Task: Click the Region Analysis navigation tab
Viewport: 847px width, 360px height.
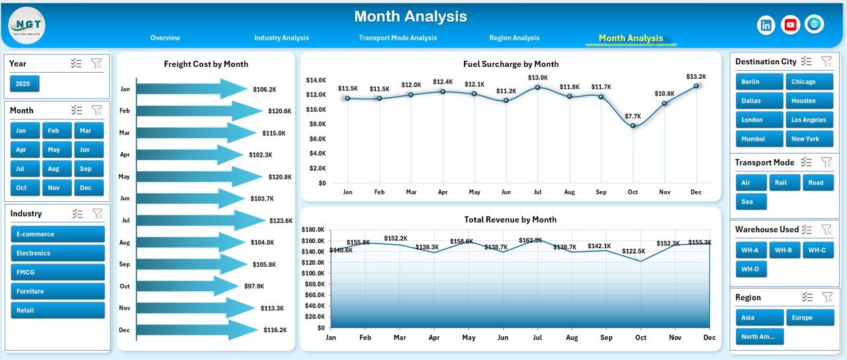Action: click(514, 38)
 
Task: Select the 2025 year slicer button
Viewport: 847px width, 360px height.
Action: click(24, 83)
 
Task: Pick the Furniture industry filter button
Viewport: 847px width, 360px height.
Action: click(58, 291)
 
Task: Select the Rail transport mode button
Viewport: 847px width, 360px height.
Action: click(784, 183)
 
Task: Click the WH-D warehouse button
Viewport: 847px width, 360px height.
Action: click(750, 269)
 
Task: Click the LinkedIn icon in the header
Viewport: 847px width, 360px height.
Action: click(766, 25)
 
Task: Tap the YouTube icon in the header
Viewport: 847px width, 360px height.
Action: click(790, 25)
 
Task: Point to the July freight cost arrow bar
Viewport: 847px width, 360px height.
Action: click(199, 220)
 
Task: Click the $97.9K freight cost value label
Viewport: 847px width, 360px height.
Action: click(253, 286)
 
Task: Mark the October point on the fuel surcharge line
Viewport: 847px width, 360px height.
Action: click(633, 126)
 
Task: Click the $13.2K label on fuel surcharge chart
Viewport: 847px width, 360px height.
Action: click(696, 76)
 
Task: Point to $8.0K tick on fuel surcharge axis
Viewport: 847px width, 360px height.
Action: click(316, 124)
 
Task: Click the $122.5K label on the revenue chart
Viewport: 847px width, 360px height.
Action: click(633, 251)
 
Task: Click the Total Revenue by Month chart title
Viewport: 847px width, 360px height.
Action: click(510, 220)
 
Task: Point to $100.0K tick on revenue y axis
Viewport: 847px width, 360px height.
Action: click(313, 273)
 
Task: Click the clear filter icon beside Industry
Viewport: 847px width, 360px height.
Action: click(97, 214)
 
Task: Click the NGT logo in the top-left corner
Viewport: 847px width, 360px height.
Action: click(27, 25)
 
